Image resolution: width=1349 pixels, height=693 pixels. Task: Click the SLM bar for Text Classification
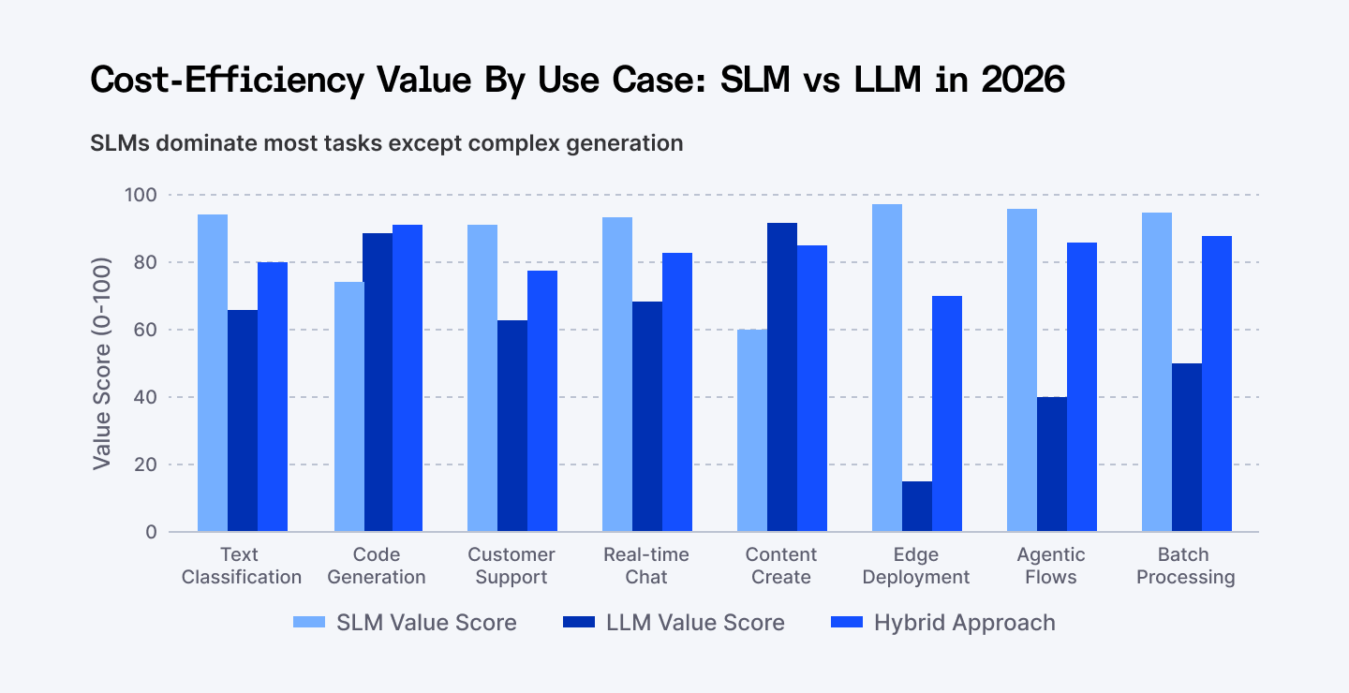coord(213,374)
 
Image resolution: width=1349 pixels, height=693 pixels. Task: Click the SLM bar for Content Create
coord(752,431)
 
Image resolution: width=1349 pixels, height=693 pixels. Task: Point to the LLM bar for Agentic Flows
coord(1052,464)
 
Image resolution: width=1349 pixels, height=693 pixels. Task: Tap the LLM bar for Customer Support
coord(512,426)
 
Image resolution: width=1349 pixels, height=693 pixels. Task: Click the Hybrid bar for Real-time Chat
coord(677,392)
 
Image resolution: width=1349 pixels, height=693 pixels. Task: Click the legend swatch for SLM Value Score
coord(308,623)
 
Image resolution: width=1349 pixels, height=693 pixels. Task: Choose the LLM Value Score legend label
coord(695,623)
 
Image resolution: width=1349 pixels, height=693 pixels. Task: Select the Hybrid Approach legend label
coord(964,623)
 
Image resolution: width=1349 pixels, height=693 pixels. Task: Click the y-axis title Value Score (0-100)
coord(102,363)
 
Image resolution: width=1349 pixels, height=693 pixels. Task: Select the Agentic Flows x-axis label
coord(1051,566)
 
